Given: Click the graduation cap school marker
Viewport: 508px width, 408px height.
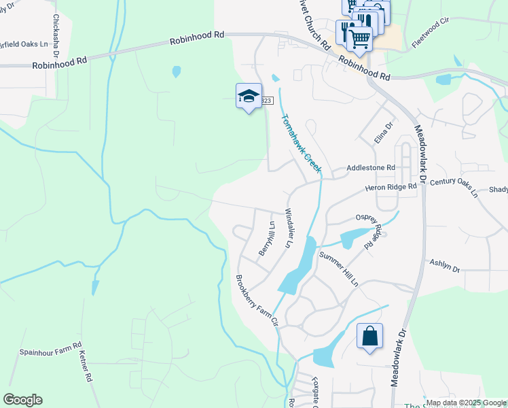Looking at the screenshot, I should click(249, 96).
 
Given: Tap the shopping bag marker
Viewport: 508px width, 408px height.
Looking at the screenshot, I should click(369, 336).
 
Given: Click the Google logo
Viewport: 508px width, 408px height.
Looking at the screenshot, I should click(22, 400).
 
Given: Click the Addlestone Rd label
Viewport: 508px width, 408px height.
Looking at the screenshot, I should click(370, 167).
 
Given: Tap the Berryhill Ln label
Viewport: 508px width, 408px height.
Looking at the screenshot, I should click(266, 239).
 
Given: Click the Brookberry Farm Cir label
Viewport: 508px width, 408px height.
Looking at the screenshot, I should click(257, 301).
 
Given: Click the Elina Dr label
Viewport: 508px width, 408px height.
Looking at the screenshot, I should click(384, 133).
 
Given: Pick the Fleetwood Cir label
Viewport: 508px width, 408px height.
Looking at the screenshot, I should click(431, 33).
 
